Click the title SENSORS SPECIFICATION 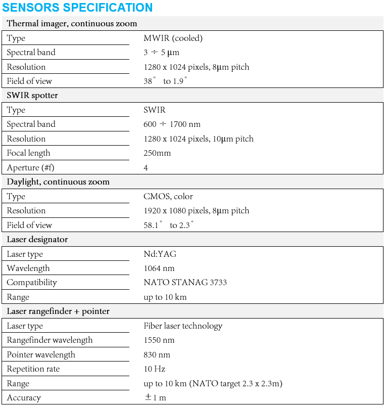click(77, 8)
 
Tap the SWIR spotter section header click(32, 96)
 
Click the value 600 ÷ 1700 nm click(172, 124)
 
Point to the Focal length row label click(28, 153)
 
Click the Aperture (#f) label click(30, 167)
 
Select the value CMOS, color click(168, 196)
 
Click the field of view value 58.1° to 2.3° click(169, 225)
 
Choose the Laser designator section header click(37, 239)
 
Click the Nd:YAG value click(160, 254)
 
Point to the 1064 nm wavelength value click(159, 268)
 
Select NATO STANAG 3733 click(185, 282)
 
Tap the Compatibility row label click(32, 282)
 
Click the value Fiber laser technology click(183, 326)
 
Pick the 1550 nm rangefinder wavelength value click(159, 340)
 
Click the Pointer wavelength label click(41, 354)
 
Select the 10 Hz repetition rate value click(155, 369)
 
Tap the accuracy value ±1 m click(155, 397)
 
